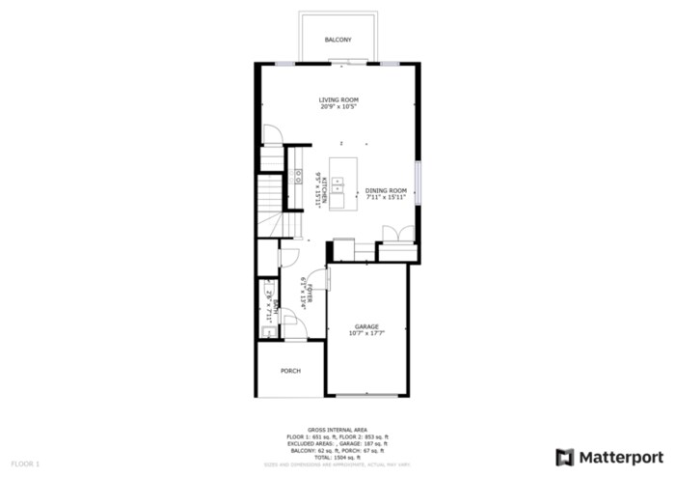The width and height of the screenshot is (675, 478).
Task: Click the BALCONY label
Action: (x=337, y=40)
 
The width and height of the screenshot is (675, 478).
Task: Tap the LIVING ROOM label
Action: (x=339, y=99)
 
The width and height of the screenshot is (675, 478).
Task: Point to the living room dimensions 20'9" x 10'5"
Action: (x=339, y=106)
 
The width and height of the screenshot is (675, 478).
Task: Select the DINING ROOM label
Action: (x=386, y=191)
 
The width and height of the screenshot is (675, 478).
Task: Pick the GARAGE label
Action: (x=365, y=327)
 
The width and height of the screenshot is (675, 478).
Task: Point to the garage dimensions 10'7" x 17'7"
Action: (x=365, y=334)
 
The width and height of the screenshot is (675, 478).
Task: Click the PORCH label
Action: (x=290, y=371)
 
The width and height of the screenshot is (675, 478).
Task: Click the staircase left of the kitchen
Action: (x=270, y=193)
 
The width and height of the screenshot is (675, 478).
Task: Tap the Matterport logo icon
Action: (x=564, y=456)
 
